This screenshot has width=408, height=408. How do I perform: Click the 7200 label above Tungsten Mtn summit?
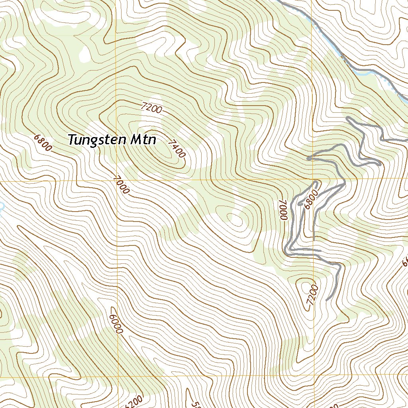pos(151,108)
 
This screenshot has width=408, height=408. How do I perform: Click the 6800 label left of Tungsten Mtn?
pos(43,143)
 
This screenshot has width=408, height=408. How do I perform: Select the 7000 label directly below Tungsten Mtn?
pos(121,185)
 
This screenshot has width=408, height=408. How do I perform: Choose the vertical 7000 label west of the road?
pos(283,210)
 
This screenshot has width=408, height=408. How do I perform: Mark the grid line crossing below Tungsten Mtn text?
pos(117,181)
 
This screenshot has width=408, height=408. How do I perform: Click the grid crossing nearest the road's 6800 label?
pos(314,179)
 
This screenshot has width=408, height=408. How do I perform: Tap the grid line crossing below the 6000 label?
pos(118,376)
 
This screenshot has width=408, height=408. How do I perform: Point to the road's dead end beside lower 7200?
pos(327,300)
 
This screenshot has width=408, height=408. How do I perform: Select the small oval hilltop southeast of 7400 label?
pos(235,218)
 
